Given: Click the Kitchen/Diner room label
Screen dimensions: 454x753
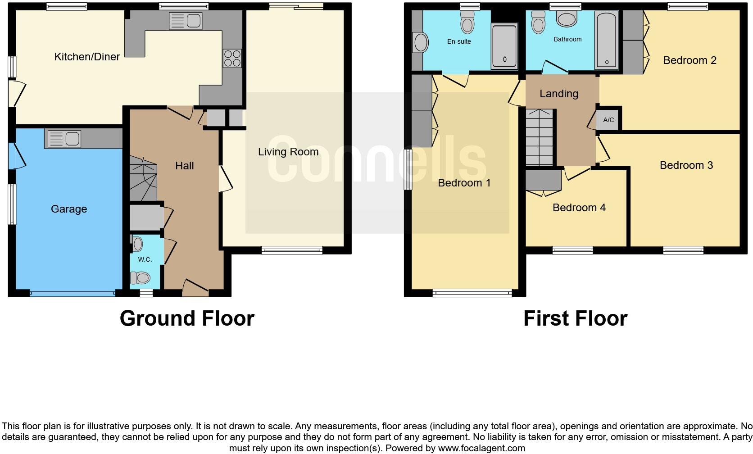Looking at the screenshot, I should (x=87, y=57).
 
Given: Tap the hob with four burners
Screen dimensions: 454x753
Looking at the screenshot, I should (x=232, y=58).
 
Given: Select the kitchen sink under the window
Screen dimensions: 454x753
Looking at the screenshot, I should (x=186, y=21).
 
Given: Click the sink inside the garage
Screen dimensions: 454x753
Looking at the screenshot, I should (x=63, y=139).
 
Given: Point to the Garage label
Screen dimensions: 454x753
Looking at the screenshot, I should (x=69, y=209).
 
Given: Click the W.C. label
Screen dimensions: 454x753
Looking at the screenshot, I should (x=145, y=259).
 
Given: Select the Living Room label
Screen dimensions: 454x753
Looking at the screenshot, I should (x=288, y=152).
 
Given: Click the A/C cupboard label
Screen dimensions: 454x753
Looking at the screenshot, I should (x=608, y=120).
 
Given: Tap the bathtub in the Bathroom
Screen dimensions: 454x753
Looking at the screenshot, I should (x=607, y=41).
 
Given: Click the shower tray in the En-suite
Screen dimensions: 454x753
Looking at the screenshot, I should (x=504, y=46).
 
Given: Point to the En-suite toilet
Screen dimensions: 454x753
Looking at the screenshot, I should (x=467, y=22).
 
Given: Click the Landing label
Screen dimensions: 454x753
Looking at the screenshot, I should (x=558, y=94).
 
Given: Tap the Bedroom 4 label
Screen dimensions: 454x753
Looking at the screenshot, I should (x=579, y=208).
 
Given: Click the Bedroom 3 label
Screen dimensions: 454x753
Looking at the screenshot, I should (x=686, y=165).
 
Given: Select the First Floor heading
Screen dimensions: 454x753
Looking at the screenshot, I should (x=575, y=318).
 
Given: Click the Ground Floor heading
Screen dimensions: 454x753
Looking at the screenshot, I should (x=187, y=318).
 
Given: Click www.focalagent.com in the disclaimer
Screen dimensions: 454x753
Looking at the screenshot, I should (x=481, y=448).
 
